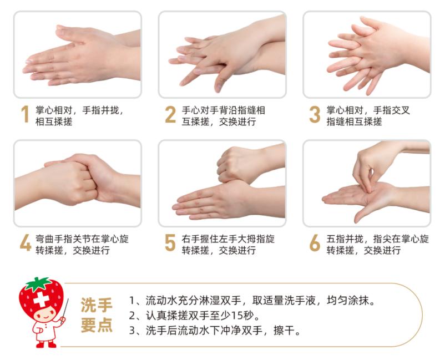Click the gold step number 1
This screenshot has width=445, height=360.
pos(24,114)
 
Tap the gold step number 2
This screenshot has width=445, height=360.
pos(170,114)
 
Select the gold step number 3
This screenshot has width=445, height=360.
pos(315,114)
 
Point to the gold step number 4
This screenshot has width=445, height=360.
pos(25,244)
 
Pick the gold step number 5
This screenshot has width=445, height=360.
pos(170,244)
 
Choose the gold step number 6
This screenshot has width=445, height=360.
pos(315,244)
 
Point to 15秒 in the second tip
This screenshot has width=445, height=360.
pos(247,316)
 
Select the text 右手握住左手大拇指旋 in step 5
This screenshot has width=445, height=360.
pos(228,239)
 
